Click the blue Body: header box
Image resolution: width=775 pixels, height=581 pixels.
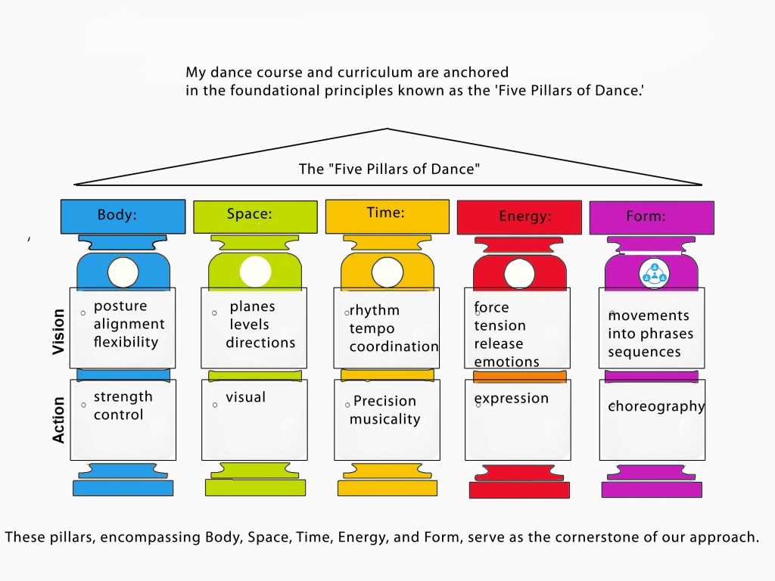click(123, 216)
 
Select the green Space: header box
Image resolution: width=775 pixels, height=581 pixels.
click(255, 216)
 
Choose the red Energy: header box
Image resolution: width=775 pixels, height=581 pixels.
click(519, 218)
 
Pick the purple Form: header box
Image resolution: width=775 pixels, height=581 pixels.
click(651, 218)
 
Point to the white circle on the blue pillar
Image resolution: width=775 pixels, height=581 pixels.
click(123, 272)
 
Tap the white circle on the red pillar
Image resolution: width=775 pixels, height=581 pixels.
click(519, 273)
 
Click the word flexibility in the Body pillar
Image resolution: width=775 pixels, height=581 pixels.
click(126, 342)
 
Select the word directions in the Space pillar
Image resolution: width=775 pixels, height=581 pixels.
click(260, 343)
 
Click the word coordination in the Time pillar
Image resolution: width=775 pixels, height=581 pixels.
click(394, 346)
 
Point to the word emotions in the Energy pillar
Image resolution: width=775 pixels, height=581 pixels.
click(506, 362)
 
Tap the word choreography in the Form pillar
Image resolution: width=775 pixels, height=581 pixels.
click(657, 406)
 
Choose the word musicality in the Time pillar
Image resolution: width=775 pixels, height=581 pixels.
click(384, 419)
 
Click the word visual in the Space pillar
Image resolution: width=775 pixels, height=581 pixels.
click(245, 397)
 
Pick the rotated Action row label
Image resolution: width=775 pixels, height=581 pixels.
click(59, 419)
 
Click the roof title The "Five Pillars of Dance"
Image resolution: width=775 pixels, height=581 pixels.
click(389, 169)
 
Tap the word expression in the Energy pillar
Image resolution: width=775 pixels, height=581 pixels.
click(511, 399)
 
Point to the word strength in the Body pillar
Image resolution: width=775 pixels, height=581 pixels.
click(123, 397)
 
